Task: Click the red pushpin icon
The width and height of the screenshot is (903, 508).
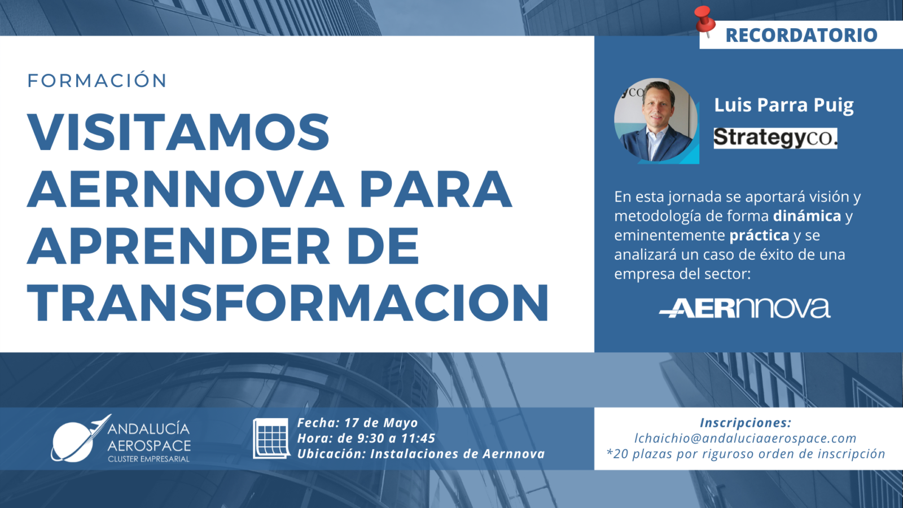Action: point(705,21)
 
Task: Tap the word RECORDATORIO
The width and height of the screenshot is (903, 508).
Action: point(801,35)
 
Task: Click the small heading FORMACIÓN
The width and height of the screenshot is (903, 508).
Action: point(97,80)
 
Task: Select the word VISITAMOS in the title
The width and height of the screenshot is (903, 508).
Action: point(178,132)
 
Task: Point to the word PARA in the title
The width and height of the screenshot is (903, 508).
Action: point(436,189)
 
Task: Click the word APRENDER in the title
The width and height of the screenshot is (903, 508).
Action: point(178,246)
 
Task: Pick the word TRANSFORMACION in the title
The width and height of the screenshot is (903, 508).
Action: point(288,303)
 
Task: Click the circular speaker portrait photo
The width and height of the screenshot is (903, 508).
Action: point(656,121)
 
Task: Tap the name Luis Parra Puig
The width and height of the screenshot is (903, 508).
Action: point(784,105)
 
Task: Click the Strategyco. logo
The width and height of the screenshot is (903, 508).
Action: point(775,138)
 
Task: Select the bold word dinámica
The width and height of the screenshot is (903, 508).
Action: point(807,216)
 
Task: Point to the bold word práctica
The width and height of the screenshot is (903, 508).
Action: point(760,235)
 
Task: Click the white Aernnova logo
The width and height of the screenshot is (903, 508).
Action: point(744,308)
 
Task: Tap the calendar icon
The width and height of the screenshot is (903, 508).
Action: point(271,438)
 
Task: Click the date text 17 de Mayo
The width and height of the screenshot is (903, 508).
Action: point(381,423)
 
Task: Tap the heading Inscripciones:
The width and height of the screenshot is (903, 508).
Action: point(746,423)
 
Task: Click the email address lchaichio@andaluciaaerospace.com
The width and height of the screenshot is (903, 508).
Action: point(746,438)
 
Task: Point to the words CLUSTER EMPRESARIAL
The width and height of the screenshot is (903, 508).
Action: point(149,459)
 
